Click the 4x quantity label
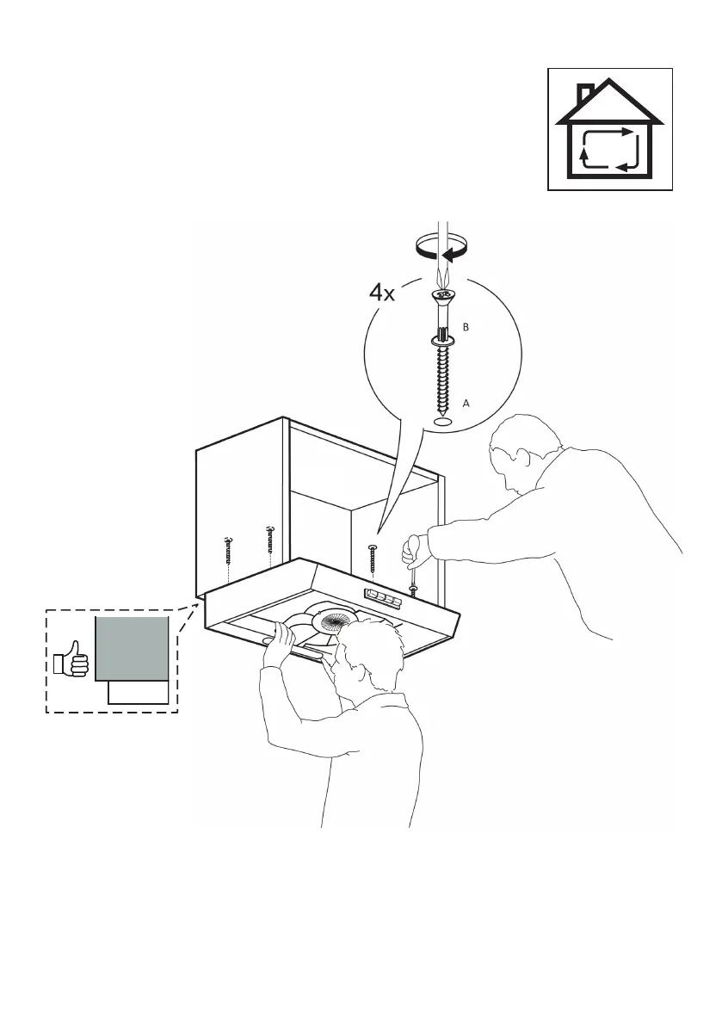point(381,293)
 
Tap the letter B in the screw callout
point(465,328)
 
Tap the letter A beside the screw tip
point(466,401)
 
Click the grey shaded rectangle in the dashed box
point(131,647)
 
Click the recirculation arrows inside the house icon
point(610,146)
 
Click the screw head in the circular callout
point(442,298)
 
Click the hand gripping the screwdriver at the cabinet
point(417,545)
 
